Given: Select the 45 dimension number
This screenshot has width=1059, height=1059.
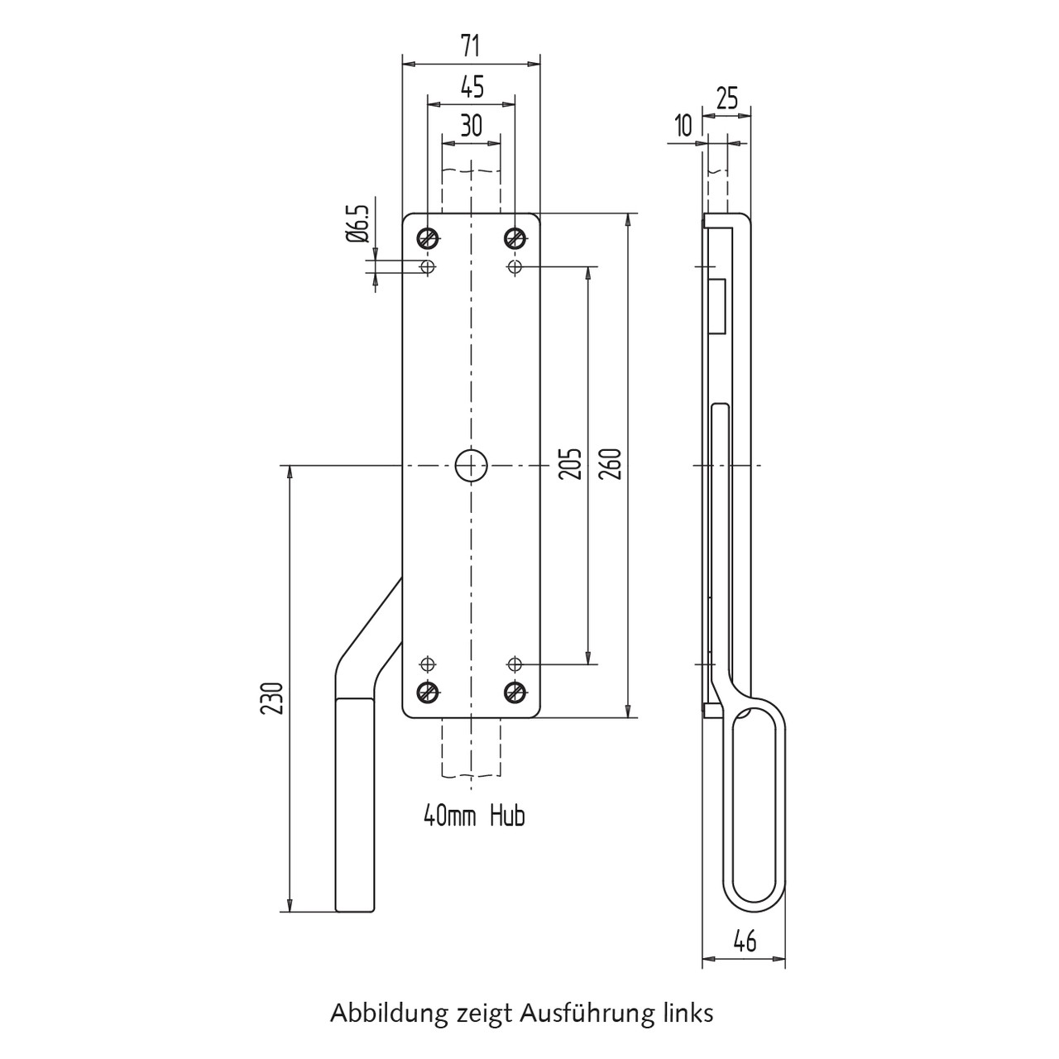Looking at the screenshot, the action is (472, 87).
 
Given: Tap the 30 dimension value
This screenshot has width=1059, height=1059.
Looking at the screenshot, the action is (472, 126).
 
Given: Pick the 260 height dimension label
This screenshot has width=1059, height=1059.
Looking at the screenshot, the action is (611, 464).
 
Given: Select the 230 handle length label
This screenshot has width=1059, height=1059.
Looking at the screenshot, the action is (271, 698).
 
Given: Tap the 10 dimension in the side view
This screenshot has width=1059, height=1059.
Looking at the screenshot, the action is (683, 126).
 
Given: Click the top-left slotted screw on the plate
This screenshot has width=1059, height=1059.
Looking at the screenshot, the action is (428, 238).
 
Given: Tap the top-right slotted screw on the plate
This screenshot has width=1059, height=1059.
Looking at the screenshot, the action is (515, 238).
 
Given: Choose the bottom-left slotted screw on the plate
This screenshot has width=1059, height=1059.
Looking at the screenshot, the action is (428, 692).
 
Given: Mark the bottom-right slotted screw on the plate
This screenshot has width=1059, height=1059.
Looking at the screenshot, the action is (515, 692).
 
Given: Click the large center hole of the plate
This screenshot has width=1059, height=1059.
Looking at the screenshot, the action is (472, 466).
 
